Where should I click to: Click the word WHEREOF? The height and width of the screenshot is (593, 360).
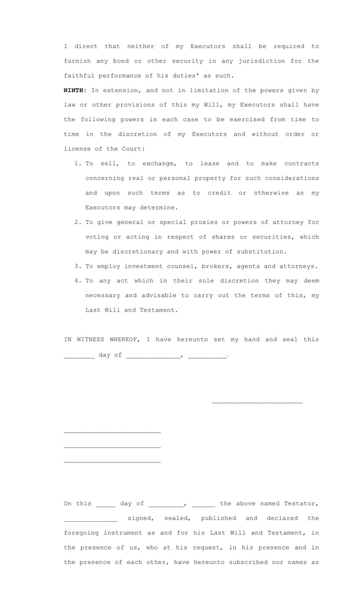(x=121, y=339)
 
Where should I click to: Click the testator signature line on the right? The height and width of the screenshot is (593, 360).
(x=256, y=402)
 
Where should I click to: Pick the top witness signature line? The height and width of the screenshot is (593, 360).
(x=112, y=432)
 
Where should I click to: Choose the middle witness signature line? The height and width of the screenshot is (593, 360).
(x=112, y=447)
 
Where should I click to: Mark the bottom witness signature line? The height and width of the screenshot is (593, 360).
(x=112, y=462)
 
